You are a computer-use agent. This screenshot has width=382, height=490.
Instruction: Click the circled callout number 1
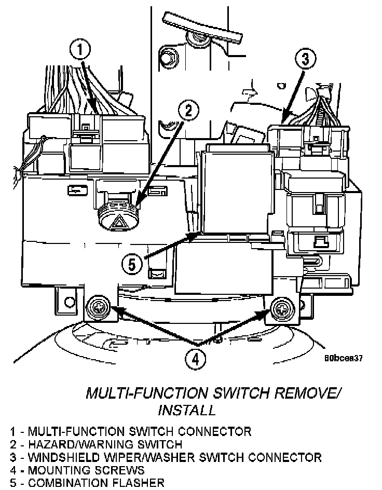(x=80, y=50)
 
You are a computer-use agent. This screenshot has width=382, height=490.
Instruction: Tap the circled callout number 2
(x=188, y=110)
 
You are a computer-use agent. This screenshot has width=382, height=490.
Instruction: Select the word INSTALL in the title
(x=186, y=410)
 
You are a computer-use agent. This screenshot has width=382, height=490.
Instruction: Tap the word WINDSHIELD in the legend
(x=65, y=457)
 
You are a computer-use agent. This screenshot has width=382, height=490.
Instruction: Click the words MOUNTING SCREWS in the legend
(x=87, y=470)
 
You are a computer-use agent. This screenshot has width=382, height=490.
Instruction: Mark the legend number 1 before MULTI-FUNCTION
(x=12, y=431)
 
